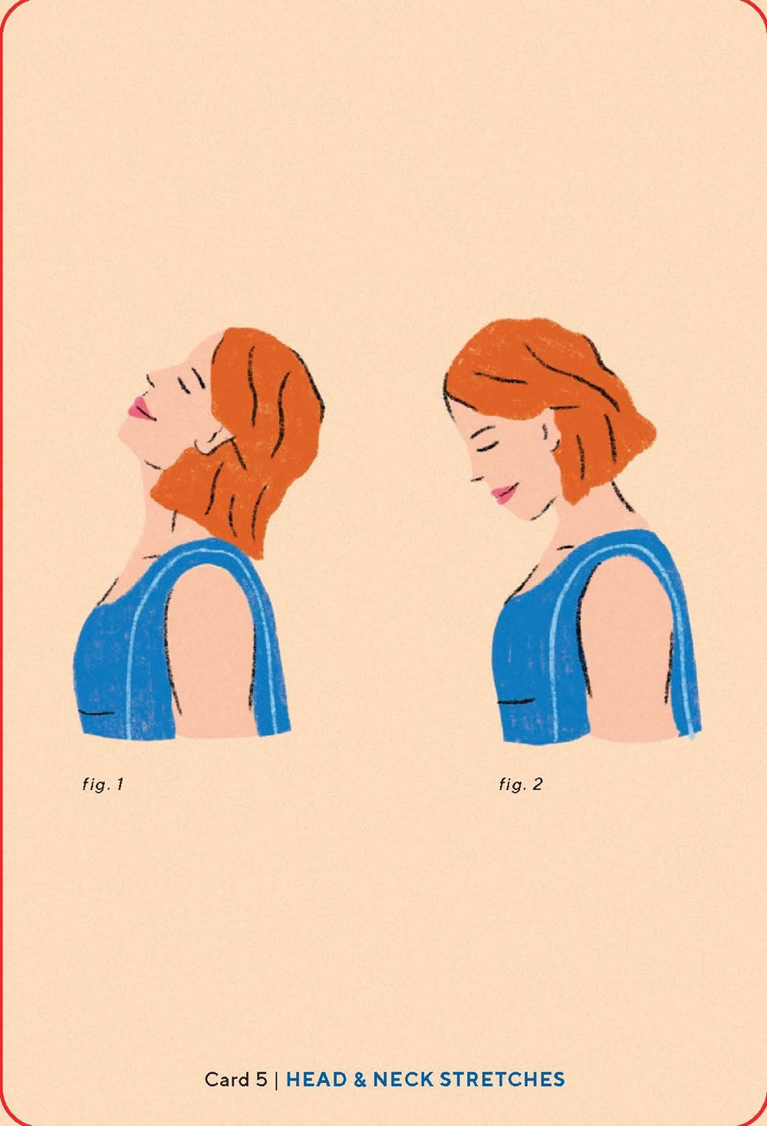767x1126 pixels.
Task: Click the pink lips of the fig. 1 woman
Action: point(140,408)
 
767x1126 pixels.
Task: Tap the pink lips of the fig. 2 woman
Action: point(505,492)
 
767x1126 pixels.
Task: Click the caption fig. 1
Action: point(103,784)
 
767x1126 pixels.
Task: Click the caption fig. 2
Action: point(521,784)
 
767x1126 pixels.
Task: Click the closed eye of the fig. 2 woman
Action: point(489,447)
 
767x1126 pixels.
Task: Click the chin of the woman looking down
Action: point(528,516)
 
